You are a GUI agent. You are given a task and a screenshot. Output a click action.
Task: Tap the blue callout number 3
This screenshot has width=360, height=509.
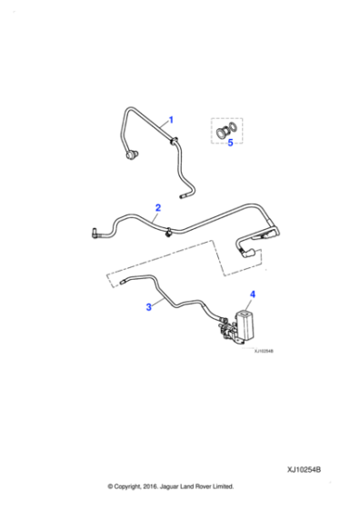[x=150, y=308]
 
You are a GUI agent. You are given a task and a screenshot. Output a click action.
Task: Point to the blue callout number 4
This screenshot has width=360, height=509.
[x=253, y=294]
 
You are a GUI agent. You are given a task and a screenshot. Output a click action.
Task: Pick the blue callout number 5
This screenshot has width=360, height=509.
[x=230, y=143]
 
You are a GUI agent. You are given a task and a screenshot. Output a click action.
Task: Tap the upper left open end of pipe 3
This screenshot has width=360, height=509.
[x=119, y=284]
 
